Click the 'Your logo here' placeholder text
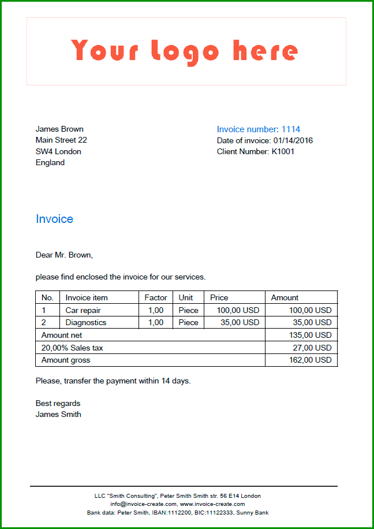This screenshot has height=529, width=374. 185,51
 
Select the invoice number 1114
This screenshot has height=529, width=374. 291,129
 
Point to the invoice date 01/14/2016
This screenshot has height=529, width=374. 293,140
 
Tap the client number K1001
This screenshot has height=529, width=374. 283,151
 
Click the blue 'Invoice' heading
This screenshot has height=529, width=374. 54,219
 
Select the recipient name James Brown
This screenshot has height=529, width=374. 59,129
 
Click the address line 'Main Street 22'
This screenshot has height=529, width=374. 61,140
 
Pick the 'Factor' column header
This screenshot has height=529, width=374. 156,297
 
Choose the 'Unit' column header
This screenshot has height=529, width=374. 186,297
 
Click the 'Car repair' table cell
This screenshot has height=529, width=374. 83,310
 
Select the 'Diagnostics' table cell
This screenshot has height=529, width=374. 86,322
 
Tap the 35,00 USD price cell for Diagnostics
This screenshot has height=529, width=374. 240,322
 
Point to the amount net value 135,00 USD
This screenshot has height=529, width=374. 310,335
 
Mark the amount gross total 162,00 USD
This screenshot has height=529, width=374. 310,360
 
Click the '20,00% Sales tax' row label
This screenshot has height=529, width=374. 72,348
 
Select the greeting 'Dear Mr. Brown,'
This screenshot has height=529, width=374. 64,255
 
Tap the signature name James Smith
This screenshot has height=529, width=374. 58,414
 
